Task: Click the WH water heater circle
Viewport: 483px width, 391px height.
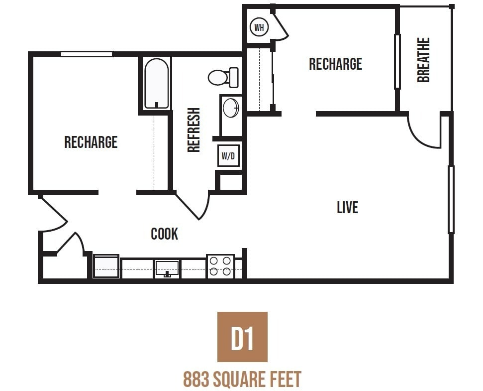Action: click(x=259, y=27)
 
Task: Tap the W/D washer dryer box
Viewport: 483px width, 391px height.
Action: click(x=228, y=156)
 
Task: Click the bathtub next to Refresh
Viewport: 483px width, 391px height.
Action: click(x=156, y=84)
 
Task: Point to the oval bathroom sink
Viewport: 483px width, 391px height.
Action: click(x=230, y=108)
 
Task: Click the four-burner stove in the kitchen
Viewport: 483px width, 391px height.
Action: click(x=220, y=266)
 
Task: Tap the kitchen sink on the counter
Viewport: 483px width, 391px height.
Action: click(x=167, y=268)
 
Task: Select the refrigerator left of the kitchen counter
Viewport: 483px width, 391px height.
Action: click(x=106, y=266)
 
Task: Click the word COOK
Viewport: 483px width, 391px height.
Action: click(x=164, y=234)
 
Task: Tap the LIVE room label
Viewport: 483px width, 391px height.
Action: click(x=347, y=207)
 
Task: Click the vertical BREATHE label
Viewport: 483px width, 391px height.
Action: click(x=423, y=60)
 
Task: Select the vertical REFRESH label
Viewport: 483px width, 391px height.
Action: click(x=193, y=130)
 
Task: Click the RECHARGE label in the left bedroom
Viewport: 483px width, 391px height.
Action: click(x=91, y=142)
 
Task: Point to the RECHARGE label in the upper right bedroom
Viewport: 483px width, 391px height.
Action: click(x=335, y=64)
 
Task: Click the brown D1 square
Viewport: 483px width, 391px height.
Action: click(x=242, y=337)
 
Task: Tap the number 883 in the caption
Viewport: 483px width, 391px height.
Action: click(x=195, y=380)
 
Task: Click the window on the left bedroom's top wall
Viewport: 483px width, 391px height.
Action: click(x=87, y=54)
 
